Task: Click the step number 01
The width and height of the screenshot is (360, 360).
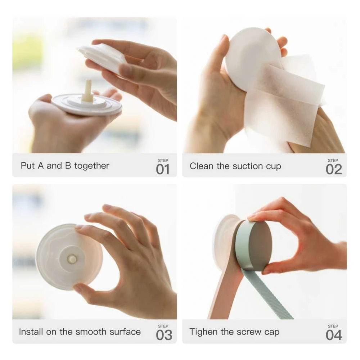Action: coord(163,170)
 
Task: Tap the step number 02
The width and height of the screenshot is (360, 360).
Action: coord(334,170)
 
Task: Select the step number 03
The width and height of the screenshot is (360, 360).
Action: coord(164,335)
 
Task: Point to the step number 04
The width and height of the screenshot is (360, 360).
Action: coord(334,335)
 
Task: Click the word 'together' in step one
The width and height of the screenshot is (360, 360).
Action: coord(92,166)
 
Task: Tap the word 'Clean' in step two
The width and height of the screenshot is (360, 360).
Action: coord(201,166)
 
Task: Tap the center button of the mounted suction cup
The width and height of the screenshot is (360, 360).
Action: coord(72,259)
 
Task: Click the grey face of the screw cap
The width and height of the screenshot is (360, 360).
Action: coord(261,246)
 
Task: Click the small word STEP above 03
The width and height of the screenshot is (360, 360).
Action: coord(163,326)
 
